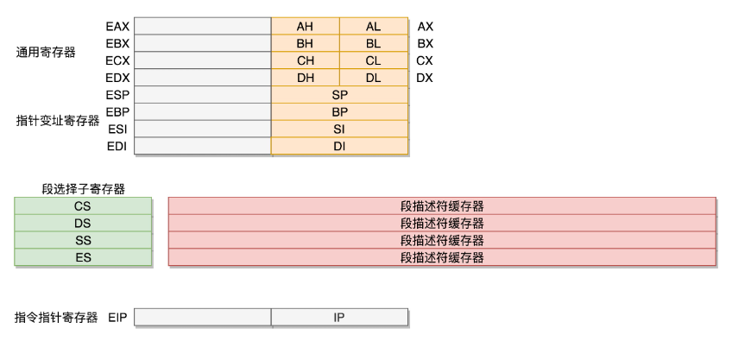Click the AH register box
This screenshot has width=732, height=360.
pos(306,26)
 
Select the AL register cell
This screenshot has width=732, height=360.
pos(374,26)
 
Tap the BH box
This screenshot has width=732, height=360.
pos(306,43)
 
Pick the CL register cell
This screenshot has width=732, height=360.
pos(374,60)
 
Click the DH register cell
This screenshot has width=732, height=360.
pos(306,78)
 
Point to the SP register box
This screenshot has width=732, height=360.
pos(340,95)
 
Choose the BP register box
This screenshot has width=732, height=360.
pos(340,112)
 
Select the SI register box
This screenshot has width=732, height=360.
pos(340,129)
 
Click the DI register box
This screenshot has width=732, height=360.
pos(340,146)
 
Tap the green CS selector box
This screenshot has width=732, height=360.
pos(83,206)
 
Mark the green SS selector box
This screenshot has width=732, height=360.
pos(83,241)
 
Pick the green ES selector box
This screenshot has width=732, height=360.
pos(83,257)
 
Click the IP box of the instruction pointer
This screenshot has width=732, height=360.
pos(340,317)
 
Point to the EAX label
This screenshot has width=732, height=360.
pos(117,27)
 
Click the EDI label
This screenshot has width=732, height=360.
pos(117,146)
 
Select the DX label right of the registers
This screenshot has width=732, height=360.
pos(425,78)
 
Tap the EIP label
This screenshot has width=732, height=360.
pos(117,318)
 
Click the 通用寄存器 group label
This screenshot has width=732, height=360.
pos(46,53)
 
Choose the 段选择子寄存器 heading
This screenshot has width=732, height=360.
pos(84,189)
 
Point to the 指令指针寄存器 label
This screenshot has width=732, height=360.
pos(56,318)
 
